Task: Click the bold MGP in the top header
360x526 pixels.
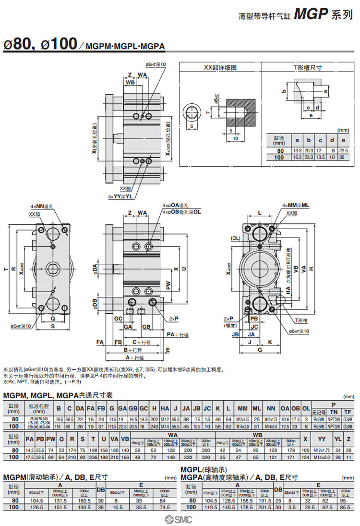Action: (x=310, y=14)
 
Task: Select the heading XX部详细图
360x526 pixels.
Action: (x=220, y=68)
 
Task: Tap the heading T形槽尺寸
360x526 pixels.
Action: (x=308, y=68)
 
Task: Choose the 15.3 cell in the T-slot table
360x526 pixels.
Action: (x=298, y=157)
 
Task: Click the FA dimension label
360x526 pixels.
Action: (x=100, y=342)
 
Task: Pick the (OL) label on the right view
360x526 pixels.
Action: (x=236, y=238)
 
